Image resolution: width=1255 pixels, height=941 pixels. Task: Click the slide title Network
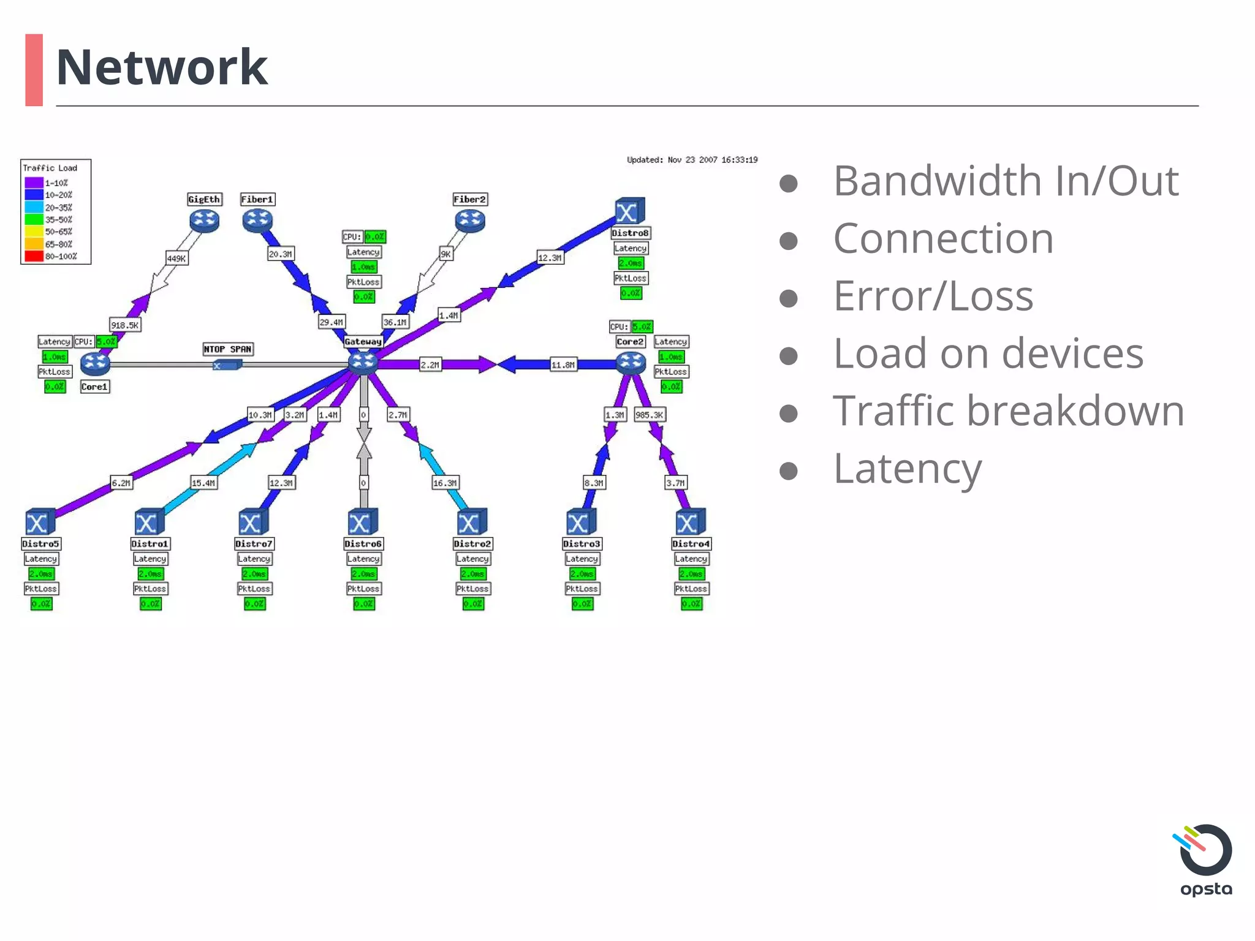(x=162, y=67)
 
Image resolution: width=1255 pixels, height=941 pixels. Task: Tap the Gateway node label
(x=363, y=341)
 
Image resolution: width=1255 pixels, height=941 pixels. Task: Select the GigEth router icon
(x=204, y=221)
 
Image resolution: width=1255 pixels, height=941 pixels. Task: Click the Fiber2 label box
(x=469, y=199)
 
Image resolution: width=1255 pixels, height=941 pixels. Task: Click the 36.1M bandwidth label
(x=395, y=322)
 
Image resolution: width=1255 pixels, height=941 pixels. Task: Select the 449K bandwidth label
(x=176, y=258)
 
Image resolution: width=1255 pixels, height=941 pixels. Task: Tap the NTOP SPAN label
(x=228, y=349)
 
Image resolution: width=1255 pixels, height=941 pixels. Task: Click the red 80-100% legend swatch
(x=34, y=256)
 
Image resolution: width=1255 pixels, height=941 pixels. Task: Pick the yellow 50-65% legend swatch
(x=34, y=232)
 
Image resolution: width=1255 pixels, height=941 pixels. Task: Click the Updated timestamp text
(x=692, y=160)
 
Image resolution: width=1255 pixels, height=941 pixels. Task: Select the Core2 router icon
(x=631, y=363)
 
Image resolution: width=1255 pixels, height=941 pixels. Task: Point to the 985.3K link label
(x=649, y=415)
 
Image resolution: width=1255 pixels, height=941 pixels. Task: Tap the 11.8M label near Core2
(x=563, y=365)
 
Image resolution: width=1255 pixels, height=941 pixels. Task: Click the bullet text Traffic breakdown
(x=1008, y=410)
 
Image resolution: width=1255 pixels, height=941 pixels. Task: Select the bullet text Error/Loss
(x=933, y=296)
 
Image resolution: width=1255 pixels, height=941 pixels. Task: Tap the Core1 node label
(x=94, y=387)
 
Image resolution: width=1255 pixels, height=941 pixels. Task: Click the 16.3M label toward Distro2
(x=445, y=483)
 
